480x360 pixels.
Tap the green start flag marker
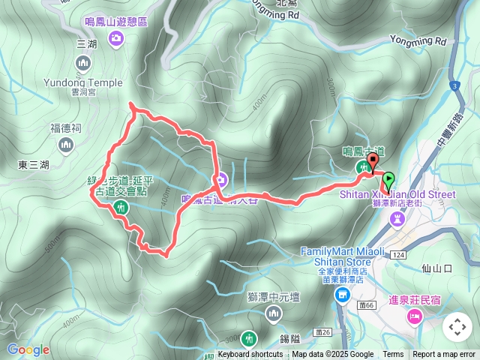tap(388, 180)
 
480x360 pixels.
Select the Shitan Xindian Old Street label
tap(397, 194)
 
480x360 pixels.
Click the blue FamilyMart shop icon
tap(342, 295)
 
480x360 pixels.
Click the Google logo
tap(28, 349)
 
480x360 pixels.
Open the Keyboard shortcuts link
tap(250, 355)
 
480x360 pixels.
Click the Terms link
tap(393, 355)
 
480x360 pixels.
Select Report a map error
tap(445, 355)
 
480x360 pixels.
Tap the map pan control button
tap(457, 327)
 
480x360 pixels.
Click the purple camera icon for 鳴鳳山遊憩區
tap(115, 38)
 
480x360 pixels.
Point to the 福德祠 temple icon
tap(65, 143)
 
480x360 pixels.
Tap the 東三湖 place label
tap(34, 165)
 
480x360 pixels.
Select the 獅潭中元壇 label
tap(273, 297)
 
